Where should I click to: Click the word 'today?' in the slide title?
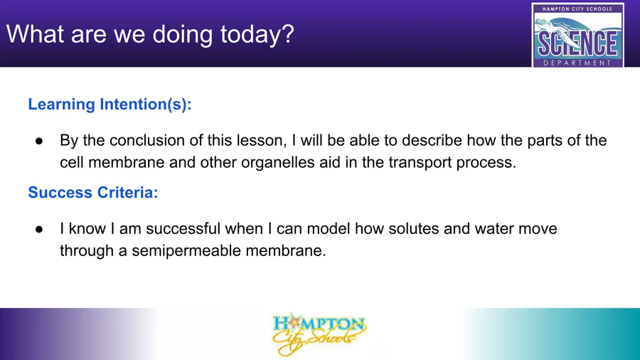[257, 35]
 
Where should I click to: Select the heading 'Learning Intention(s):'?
[110, 105]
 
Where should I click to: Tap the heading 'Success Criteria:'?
[93, 192]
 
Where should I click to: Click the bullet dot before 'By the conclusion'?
[39, 141]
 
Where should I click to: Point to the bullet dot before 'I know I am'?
[39, 229]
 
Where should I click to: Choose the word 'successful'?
[183, 228]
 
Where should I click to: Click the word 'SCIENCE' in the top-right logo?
[577, 43]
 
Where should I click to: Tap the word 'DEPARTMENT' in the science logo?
[577, 63]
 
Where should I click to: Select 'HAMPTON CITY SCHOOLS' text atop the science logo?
[577, 9]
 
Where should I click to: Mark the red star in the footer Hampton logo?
[294, 322]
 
